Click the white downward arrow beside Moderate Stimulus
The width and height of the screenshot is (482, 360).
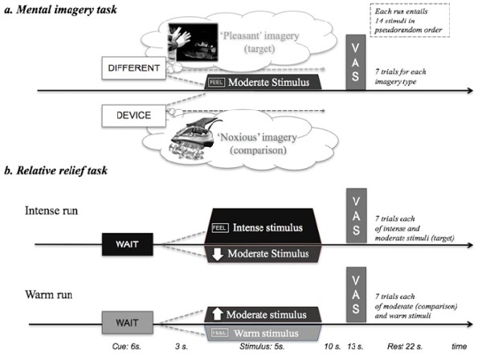click(x=219, y=256)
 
